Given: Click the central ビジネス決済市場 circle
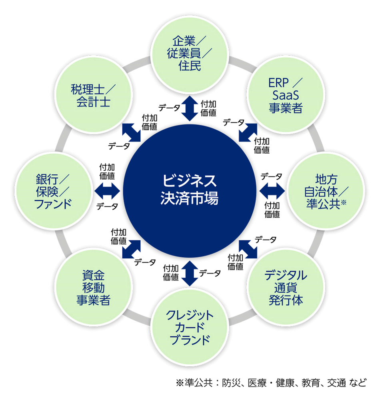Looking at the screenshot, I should click(190, 190).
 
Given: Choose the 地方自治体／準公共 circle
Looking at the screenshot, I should click(325, 190).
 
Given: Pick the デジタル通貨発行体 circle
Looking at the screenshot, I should click(285, 286).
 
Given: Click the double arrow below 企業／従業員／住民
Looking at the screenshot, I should click(190, 108).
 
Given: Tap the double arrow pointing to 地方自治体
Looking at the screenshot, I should click(272, 190).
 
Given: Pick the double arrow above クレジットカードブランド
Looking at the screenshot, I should click(190, 274).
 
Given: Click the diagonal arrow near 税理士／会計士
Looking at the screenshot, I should click(131, 132).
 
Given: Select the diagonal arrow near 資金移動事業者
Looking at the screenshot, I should click(131, 249).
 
